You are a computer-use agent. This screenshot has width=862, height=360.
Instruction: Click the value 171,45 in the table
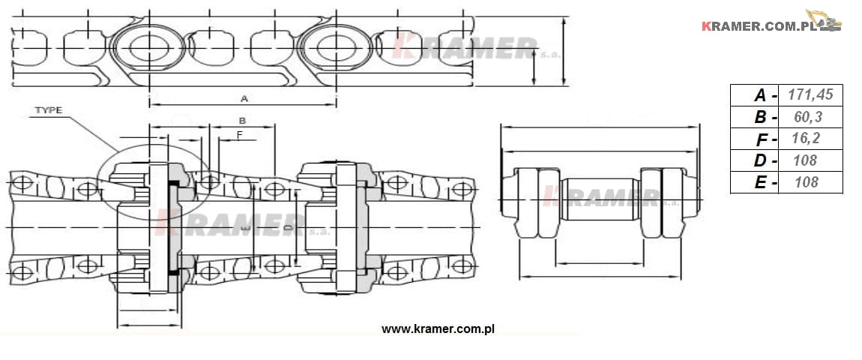tap(810, 94)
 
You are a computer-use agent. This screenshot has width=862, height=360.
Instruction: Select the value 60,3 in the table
tap(808, 117)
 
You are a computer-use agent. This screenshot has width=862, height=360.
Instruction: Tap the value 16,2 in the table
tap(806, 138)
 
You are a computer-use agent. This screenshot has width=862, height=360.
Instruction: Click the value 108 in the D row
tap(806, 160)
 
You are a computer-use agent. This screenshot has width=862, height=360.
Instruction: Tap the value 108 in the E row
tap(806, 181)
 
